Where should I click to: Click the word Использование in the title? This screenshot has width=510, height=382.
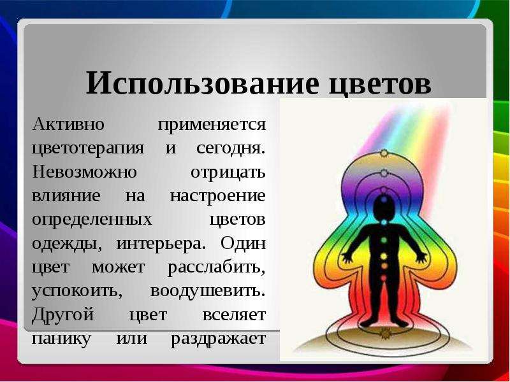point(202,83)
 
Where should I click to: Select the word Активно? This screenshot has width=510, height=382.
point(68,124)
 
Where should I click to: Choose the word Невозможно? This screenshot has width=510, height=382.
point(84,171)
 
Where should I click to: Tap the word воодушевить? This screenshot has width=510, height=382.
point(208,291)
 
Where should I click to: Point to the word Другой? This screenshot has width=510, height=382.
point(62,315)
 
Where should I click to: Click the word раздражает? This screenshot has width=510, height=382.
point(218,339)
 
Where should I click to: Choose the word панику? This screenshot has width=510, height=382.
point(61,339)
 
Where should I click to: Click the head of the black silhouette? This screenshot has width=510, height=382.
point(384,206)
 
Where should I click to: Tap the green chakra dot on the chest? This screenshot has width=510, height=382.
point(384,240)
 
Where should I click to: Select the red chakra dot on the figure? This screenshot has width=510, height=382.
point(384,278)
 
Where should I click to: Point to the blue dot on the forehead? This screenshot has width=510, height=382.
point(384,199)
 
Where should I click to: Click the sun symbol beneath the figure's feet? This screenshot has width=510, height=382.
point(385,333)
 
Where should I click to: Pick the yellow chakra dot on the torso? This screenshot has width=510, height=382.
point(384,257)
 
